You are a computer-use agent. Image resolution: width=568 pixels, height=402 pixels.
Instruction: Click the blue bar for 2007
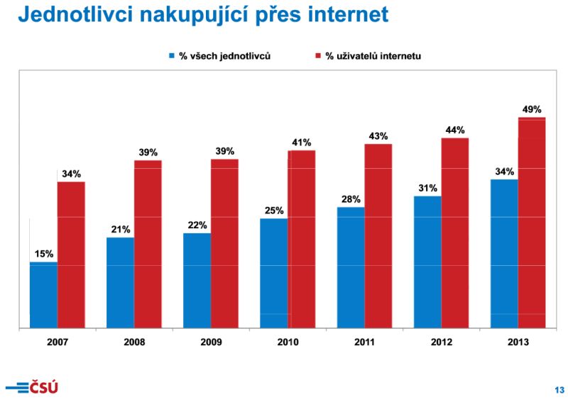tap(43, 295)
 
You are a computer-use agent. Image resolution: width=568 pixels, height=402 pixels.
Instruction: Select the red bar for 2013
tap(532, 223)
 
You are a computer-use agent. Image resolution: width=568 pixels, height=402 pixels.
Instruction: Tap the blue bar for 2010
tap(274, 273)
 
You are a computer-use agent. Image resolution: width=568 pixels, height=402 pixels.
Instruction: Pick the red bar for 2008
tap(148, 244)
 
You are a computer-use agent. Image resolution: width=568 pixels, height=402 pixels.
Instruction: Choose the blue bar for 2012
tap(427, 262)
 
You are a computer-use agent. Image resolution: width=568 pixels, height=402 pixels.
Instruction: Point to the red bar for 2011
tap(378, 236)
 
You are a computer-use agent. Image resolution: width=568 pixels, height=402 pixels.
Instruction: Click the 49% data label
tap(531, 110)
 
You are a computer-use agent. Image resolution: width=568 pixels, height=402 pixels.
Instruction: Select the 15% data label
tap(43, 254)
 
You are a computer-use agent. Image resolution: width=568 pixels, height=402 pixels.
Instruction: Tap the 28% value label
tap(351, 199)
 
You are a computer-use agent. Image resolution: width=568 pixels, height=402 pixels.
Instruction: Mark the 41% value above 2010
tap(302, 143)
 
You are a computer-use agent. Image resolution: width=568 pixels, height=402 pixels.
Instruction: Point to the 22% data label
tap(197, 225)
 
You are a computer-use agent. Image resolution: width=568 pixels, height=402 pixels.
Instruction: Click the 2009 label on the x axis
tap(211, 342)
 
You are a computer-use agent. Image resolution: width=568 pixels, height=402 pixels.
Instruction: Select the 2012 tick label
tap(441, 342)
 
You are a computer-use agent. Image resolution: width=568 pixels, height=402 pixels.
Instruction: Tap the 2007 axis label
tap(58, 342)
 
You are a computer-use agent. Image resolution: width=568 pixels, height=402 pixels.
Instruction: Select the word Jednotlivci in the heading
tap(74, 15)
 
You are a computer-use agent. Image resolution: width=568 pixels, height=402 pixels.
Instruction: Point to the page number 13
tap(559, 389)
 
